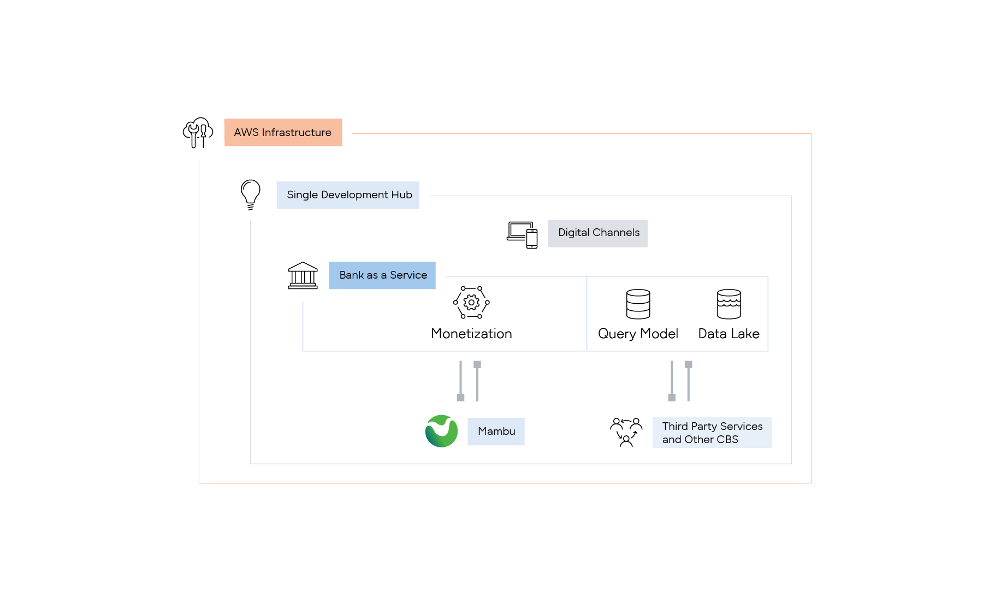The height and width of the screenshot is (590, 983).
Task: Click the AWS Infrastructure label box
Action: click(283, 132)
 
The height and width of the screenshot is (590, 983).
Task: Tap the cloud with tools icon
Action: click(198, 132)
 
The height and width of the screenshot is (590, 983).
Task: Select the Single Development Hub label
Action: click(348, 195)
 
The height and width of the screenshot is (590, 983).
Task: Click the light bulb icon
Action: click(251, 194)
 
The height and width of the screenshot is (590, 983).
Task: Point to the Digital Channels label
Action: click(598, 233)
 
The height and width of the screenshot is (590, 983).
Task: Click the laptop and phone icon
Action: click(522, 235)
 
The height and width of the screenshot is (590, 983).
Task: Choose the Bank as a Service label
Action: click(382, 275)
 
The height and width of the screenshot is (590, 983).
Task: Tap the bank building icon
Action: click(303, 275)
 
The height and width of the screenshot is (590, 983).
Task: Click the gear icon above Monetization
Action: click(471, 302)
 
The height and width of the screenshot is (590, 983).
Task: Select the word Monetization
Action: click(471, 334)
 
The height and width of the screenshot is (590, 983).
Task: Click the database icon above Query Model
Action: click(638, 304)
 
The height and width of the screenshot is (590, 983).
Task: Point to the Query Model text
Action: click(638, 334)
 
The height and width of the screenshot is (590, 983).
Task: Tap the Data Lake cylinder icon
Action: click(729, 304)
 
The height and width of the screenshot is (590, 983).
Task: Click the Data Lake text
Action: click(729, 334)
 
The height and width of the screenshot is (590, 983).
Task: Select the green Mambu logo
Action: click(441, 431)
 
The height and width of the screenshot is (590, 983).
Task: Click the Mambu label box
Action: click(496, 432)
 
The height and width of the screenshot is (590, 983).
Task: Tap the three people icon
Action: click(626, 432)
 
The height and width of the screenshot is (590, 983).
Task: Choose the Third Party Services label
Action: click(712, 433)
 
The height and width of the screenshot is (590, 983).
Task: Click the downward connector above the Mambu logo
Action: click(460, 381)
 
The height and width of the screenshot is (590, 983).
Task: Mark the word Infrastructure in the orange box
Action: click(297, 132)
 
